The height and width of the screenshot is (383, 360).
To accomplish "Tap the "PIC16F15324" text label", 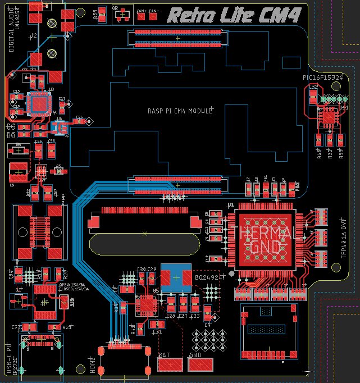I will (x=322, y=78).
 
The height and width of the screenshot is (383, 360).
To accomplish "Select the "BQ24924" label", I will (x=210, y=277).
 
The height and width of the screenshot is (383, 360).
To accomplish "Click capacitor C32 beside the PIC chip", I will (x=313, y=96).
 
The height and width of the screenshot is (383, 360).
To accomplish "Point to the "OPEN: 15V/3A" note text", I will (x=71, y=285).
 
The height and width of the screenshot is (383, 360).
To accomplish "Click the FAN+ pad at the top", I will (x=141, y=11).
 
